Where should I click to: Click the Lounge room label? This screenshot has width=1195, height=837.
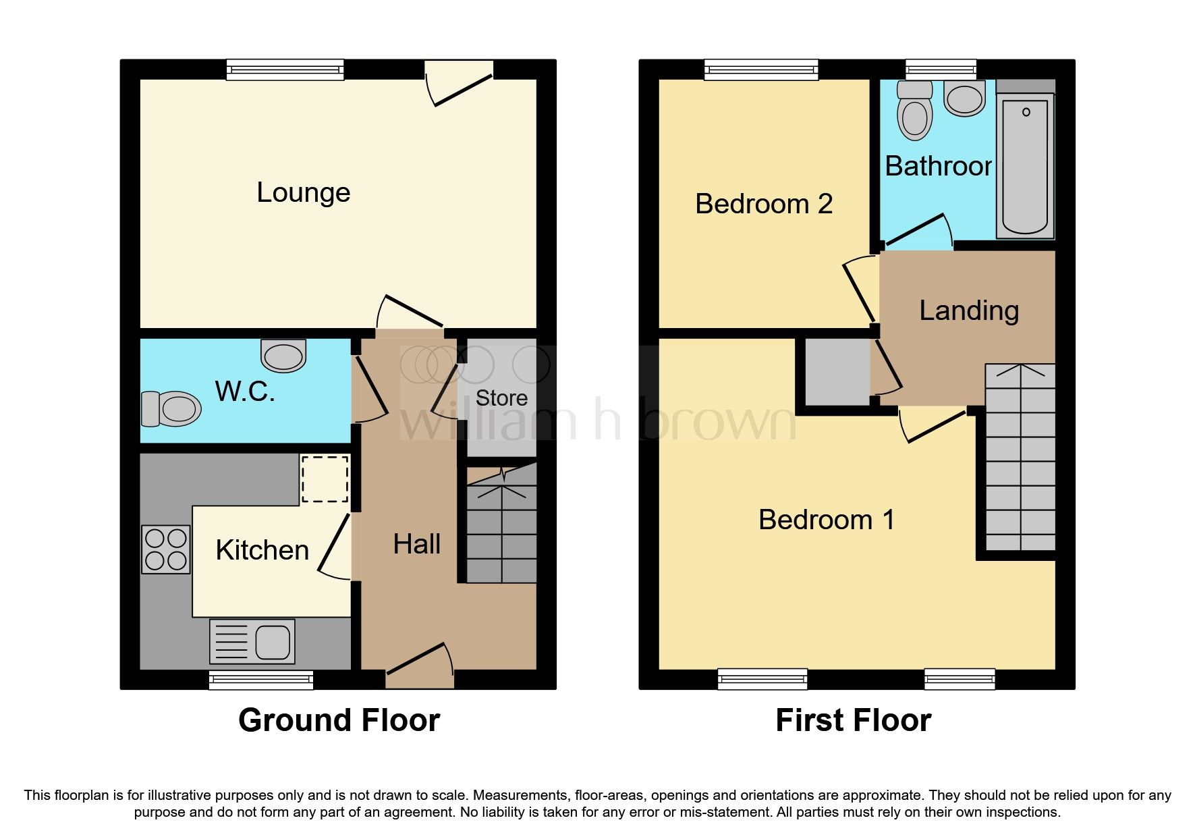click(x=303, y=193)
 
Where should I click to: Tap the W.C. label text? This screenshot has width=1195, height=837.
click(x=245, y=391)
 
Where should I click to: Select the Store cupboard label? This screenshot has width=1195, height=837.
click(x=501, y=398)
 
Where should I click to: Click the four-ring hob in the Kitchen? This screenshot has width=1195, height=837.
click(x=166, y=549)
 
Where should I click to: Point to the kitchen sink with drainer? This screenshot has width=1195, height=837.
click(x=252, y=641)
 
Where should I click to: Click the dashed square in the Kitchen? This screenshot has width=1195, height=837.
click(x=325, y=479)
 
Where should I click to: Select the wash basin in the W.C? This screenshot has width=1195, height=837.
click(x=283, y=355)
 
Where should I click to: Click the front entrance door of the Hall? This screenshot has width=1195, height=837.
click(x=419, y=664)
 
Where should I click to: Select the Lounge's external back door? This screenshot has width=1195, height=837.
click(x=460, y=84)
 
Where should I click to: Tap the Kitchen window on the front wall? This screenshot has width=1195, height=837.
click(x=261, y=680)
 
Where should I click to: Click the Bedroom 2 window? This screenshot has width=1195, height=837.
click(x=761, y=70)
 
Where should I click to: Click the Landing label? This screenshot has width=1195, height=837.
click(x=969, y=310)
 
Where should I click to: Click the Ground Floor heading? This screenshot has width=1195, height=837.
click(x=339, y=720)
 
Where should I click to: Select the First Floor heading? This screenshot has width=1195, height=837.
click(x=854, y=720)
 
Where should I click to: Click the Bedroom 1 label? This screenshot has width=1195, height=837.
click(x=827, y=520)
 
